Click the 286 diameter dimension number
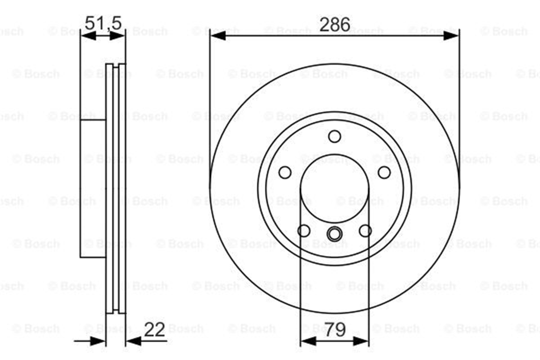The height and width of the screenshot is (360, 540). (x=335, y=25)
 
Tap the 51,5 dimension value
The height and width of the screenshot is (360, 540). (x=103, y=23)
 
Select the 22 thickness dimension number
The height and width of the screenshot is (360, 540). (x=154, y=329)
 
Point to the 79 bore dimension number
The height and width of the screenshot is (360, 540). (x=335, y=329)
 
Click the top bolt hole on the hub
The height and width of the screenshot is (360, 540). (x=335, y=136)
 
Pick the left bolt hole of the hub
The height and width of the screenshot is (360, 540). (x=285, y=172)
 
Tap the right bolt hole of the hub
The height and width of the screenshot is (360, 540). (x=384, y=172)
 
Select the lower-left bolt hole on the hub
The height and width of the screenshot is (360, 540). (x=304, y=231)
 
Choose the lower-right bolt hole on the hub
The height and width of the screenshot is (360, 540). (x=365, y=231)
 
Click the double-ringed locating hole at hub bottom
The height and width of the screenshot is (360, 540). (x=334, y=234)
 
